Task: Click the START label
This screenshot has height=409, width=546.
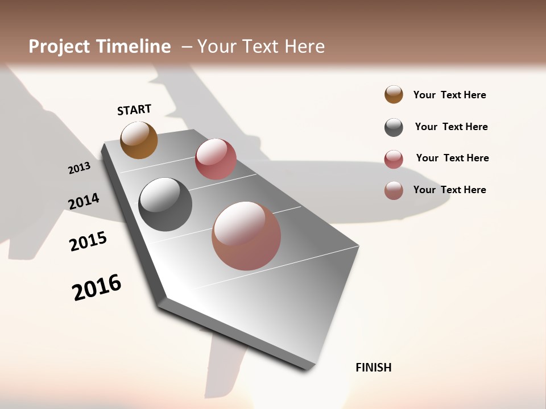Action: [134, 110]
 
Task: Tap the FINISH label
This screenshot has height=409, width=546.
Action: [373, 368]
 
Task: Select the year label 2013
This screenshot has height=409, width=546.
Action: [79, 168]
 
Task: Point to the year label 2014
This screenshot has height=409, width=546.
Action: [84, 201]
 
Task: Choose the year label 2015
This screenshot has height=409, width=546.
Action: [88, 241]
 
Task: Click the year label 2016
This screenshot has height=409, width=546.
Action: [97, 287]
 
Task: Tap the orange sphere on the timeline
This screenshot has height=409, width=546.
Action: [139, 140]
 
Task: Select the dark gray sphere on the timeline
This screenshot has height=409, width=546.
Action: [166, 204]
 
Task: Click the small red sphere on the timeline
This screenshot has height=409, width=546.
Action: [216, 159]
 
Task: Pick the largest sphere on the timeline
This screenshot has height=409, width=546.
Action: [246, 236]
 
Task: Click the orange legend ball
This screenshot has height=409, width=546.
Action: [394, 94]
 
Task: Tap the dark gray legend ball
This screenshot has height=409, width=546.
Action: [394, 127]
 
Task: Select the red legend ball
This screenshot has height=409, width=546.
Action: [394, 159]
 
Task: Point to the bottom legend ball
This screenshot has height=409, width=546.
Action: [394, 190]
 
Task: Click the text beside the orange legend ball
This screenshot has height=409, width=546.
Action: [449, 95]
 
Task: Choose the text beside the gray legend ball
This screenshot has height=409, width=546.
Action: [451, 127]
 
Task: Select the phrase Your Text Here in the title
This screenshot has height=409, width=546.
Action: [261, 47]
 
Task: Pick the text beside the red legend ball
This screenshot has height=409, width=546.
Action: [452, 158]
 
